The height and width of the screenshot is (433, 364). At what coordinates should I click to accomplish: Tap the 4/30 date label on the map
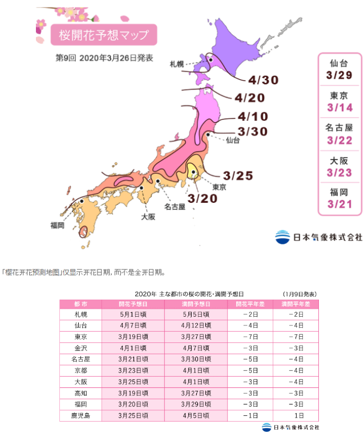pos(262,80)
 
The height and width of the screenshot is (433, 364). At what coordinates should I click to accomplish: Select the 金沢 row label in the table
pos(80,347)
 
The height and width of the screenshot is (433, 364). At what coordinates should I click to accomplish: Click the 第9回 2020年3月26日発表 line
pos(104,58)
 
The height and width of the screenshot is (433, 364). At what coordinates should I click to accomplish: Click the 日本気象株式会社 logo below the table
pos(290,427)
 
